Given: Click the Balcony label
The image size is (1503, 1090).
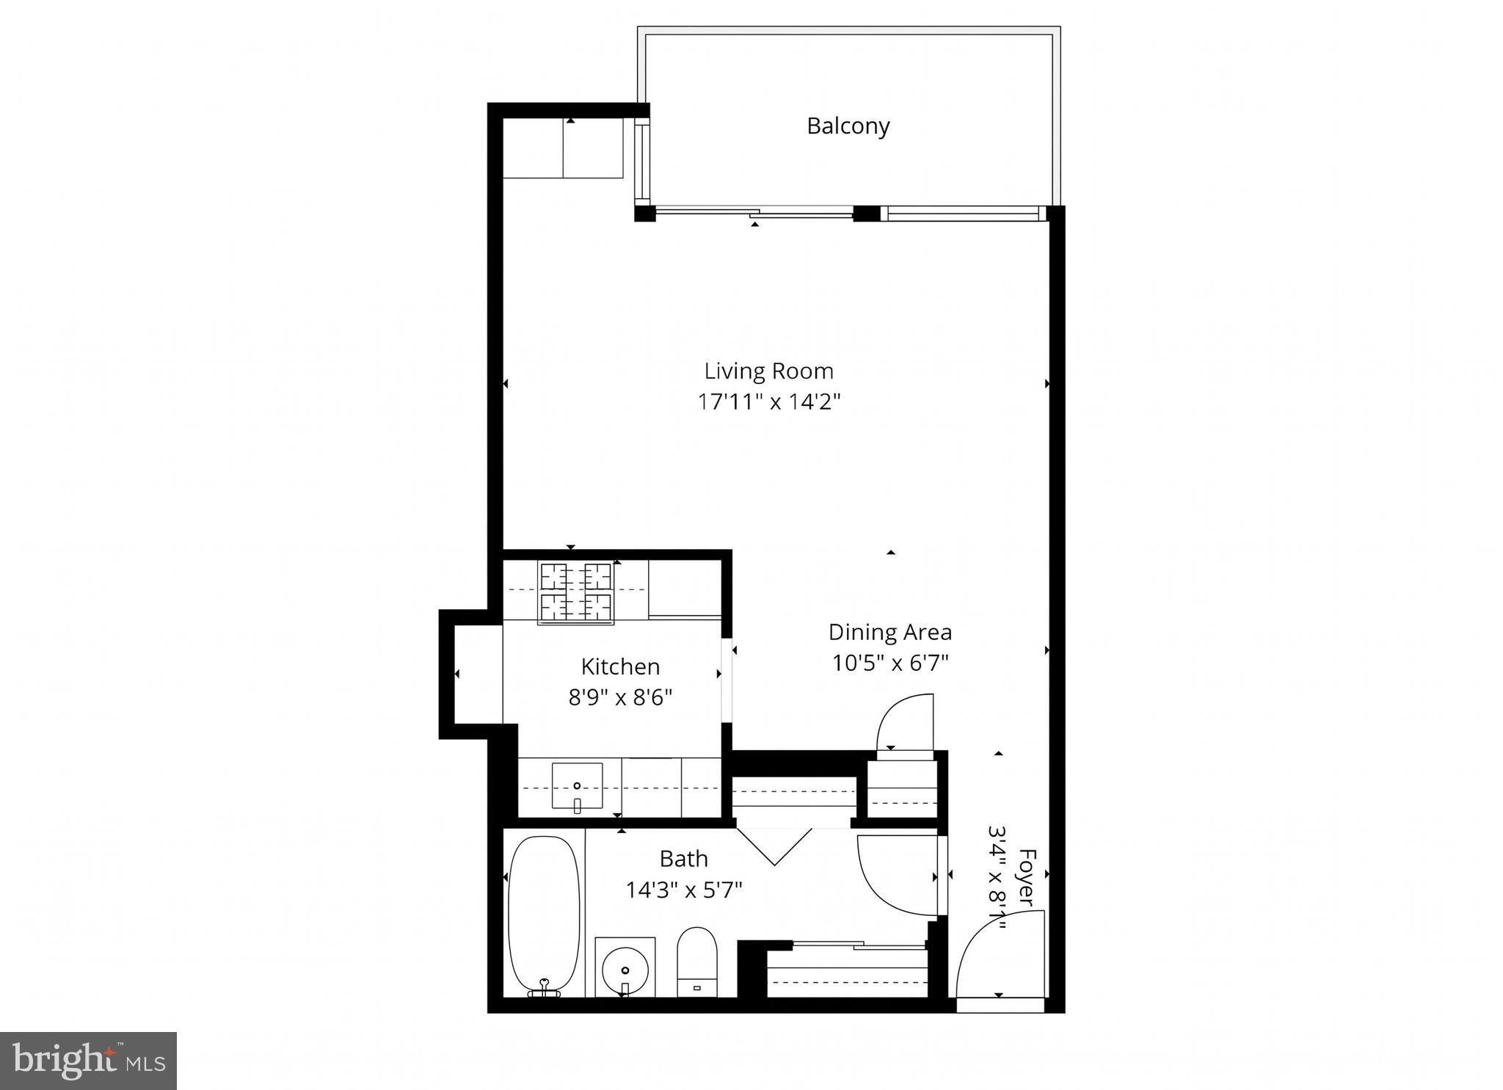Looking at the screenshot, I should tap(848, 126).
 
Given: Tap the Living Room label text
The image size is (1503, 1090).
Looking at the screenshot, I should tap(768, 371).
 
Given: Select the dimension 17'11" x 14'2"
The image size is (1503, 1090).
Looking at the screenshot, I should tap(768, 402).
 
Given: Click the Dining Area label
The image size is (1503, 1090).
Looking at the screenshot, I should tap(889, 632).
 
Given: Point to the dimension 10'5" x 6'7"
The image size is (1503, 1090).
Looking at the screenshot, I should tap(889, 664).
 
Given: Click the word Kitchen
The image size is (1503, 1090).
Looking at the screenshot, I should tap(620, 666).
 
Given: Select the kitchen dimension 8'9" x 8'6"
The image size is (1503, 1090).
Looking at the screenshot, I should tap(620, 697).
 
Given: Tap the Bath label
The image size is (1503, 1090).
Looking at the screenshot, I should tap(683, 859).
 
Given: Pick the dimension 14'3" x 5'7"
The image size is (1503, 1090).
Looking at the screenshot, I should tap(683, 890).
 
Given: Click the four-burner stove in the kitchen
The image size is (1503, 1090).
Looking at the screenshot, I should tap(576, 593).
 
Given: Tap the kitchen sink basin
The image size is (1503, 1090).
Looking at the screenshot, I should tap(577, 786).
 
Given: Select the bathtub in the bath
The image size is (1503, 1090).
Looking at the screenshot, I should tap(544, 915).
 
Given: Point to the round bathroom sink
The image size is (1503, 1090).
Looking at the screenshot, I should tap(625, 970).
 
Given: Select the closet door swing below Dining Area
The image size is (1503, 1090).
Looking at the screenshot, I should tap(906, 723).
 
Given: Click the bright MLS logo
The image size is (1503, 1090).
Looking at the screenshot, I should tap(88, 1061).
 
